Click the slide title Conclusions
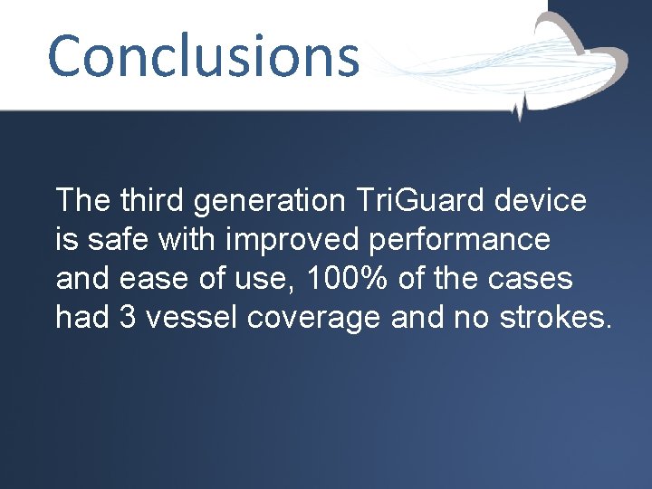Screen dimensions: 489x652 pyautogui.click(x=203, y=55)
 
